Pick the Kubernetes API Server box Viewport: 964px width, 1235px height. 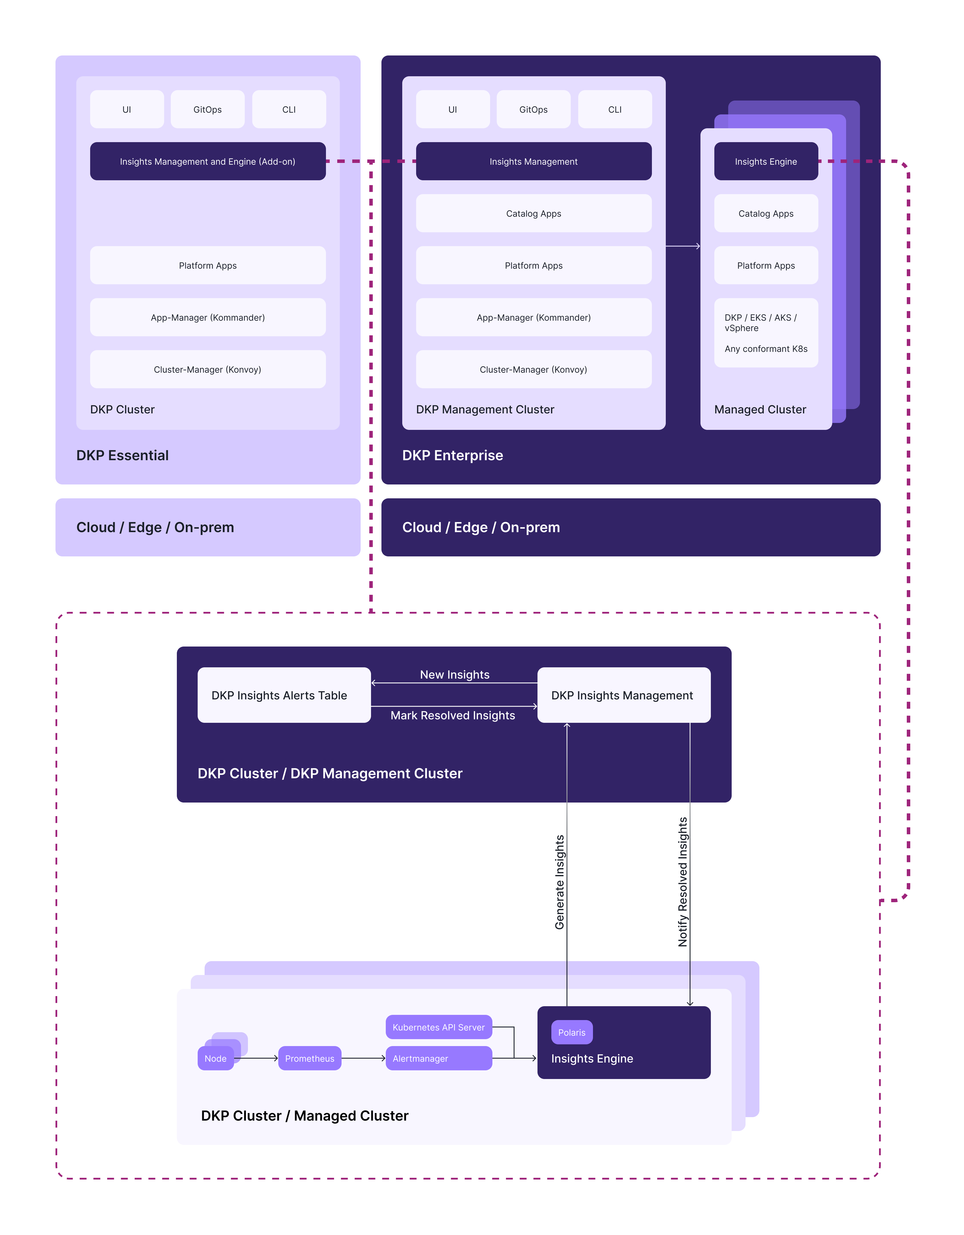(438, 1027)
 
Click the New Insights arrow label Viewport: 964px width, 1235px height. (455, 675)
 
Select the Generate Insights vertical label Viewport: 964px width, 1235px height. (559, 882)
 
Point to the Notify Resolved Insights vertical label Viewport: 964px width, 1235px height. (683, 882)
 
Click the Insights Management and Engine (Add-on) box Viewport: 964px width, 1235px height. (207, 161)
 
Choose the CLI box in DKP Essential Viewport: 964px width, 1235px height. (289, 109)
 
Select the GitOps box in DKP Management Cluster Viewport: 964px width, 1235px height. (533, 109)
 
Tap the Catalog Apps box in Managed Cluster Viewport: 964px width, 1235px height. (766, 213)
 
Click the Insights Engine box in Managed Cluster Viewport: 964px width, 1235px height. (766, 161)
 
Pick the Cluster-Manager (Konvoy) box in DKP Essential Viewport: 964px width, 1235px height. (207, 369)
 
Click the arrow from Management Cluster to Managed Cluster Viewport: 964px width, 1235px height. (683, 246)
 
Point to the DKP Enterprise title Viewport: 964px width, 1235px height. (453, 455)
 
